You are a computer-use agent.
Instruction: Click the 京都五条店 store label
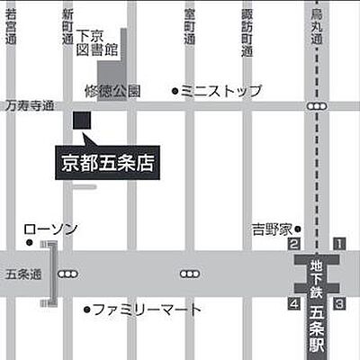tap(107, 164)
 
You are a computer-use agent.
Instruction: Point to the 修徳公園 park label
tap(113, 91)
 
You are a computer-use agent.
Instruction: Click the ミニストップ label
tap(220, 91)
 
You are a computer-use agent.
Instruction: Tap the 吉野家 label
tap(269, 229)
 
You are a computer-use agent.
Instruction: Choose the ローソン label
tap(49, 229)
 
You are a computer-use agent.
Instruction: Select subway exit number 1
tap(340, 243)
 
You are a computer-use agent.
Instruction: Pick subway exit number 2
tap(293, 243)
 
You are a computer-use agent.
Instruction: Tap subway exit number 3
tap(340, 303)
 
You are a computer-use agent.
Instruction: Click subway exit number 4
tap(293, 303)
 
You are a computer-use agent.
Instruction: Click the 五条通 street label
tap(17, 273)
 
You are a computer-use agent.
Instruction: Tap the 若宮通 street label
tap(11, 29)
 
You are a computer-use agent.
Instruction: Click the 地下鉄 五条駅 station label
tap(317, 301)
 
